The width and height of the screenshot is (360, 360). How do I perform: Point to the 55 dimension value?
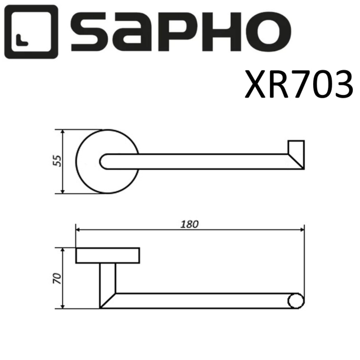(57, 161)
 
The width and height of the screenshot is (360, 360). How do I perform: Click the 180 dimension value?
(190, 224)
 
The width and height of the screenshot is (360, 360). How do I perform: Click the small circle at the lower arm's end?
(296, 301)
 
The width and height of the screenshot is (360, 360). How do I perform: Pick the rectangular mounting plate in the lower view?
(108, 256)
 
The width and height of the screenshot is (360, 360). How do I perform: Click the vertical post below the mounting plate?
(107, 280)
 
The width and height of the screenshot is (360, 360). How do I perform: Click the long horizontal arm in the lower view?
(200, 301)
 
